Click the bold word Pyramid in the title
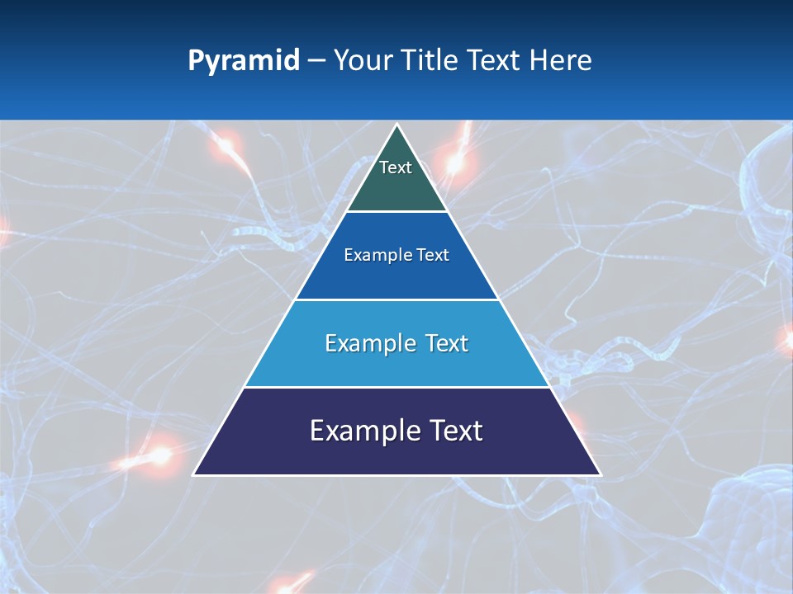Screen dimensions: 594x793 243,61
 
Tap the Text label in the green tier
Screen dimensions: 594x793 396,167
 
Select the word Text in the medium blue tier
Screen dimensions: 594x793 433,256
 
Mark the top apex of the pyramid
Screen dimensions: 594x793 397,125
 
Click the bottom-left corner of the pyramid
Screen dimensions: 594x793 194,474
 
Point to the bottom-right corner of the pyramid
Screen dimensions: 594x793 601,474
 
